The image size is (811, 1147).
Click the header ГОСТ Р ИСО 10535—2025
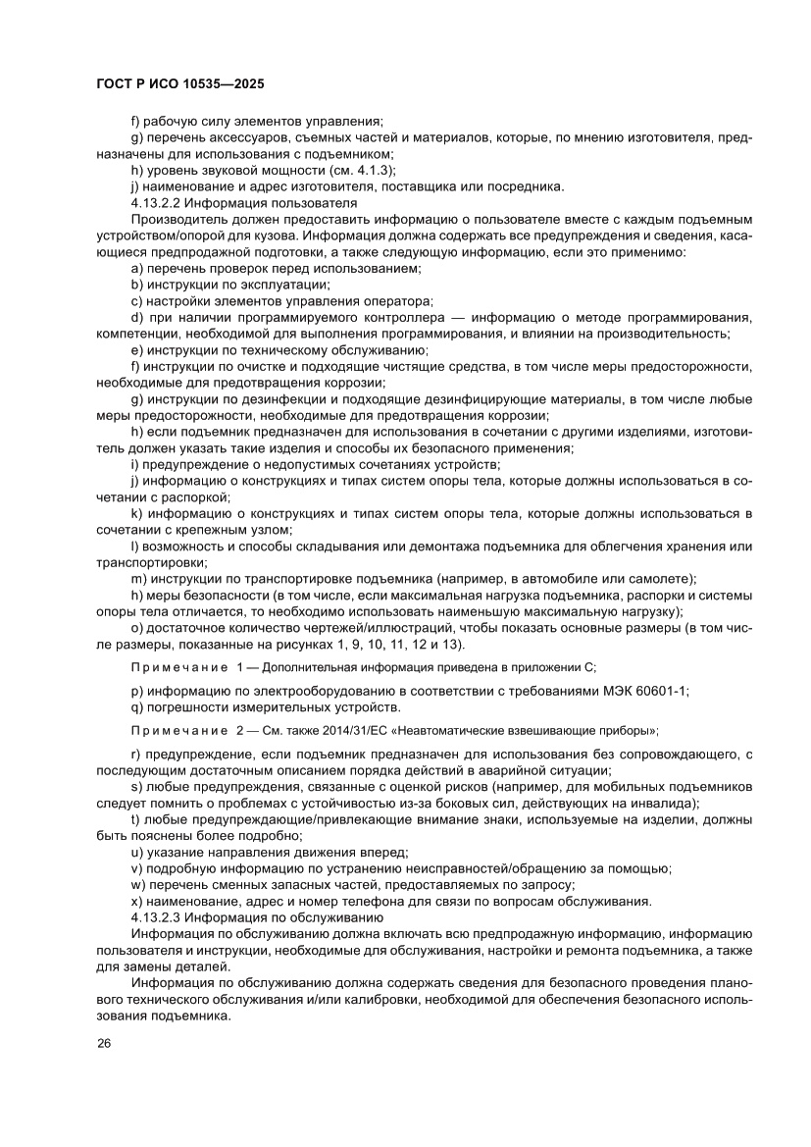coord(178,84)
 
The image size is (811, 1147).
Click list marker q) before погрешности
coord(135,706)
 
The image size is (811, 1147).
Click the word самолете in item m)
coord(659,579)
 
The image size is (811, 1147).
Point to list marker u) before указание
coord(135,853)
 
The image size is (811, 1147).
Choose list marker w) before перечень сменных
coord(136,885)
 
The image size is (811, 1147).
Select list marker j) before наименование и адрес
coord(134,185)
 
